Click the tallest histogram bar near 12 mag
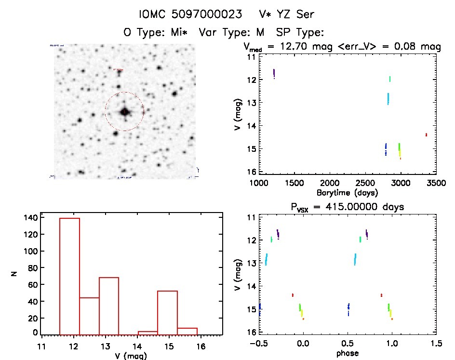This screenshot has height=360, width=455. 69,275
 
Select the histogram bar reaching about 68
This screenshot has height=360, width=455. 109,305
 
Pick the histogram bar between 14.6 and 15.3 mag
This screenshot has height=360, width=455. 167,311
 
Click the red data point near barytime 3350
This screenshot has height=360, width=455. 426,135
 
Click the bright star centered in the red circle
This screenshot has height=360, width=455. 125,111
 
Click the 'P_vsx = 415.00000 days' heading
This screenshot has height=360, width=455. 340,207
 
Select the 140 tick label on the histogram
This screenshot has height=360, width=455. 30,217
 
